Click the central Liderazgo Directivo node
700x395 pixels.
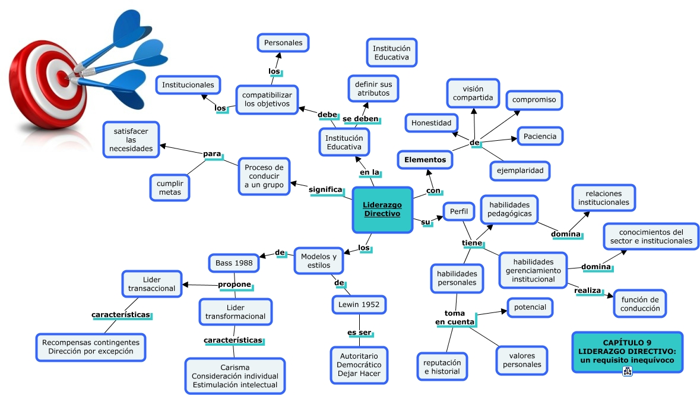(382, 209)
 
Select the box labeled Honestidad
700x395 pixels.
(432, 123)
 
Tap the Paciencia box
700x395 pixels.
(540, 136)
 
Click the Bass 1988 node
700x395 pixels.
(234, 263)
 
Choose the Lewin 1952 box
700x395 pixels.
(359, 305)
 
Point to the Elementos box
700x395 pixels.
(425, 159)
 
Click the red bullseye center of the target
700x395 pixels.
(62, 75)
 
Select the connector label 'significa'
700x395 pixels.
(326, 190)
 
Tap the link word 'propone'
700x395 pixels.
(235, 285)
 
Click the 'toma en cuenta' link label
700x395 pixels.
(455, 317)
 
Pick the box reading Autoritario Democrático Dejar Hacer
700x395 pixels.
(359, 364)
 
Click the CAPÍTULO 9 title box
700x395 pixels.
(627, 351)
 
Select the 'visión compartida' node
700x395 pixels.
(473, 93)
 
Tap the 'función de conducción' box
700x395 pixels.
(639, 304)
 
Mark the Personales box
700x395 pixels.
(283, 43)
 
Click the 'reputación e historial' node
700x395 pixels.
(442, 366)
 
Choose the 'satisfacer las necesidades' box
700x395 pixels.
(131, 140)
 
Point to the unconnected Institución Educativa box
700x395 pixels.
(391, 52)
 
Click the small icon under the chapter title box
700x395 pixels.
(627, 371)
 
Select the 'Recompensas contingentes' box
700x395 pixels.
(91, 347)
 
